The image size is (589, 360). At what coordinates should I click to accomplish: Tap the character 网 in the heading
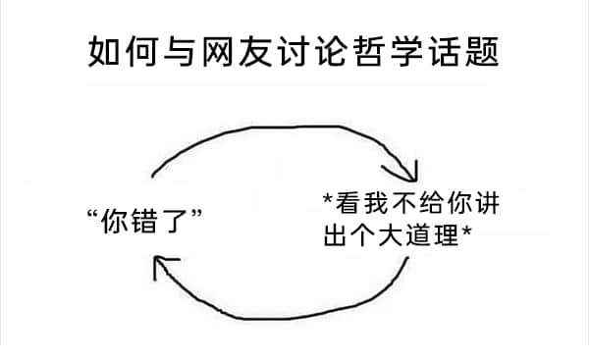[x=218, y=51]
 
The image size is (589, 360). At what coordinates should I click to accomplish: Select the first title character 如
[x=104, y=51]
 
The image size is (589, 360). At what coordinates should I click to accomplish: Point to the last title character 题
[x=482, y=51]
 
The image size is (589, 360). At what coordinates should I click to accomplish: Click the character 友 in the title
[x=256, y=51]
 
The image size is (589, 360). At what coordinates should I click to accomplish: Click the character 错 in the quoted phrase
[x=143, y=221]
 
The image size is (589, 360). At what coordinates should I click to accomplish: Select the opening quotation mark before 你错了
[x=92, y=214]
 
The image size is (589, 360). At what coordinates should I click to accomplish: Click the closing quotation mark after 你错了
[x=197, y=214]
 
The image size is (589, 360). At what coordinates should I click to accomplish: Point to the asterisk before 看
[x=328, y=198]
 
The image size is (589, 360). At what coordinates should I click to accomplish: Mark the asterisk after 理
[x=466, y=230]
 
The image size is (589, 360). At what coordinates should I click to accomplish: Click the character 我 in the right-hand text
[x=376, y=203]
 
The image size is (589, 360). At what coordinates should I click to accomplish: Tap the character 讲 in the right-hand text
[x=487, y=203]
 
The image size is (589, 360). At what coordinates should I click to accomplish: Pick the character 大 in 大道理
[x=391, y=234]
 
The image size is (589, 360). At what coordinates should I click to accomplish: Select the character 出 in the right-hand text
[x=335, y=234]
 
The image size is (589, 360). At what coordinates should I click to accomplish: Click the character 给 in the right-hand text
[x=432, y=203]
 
